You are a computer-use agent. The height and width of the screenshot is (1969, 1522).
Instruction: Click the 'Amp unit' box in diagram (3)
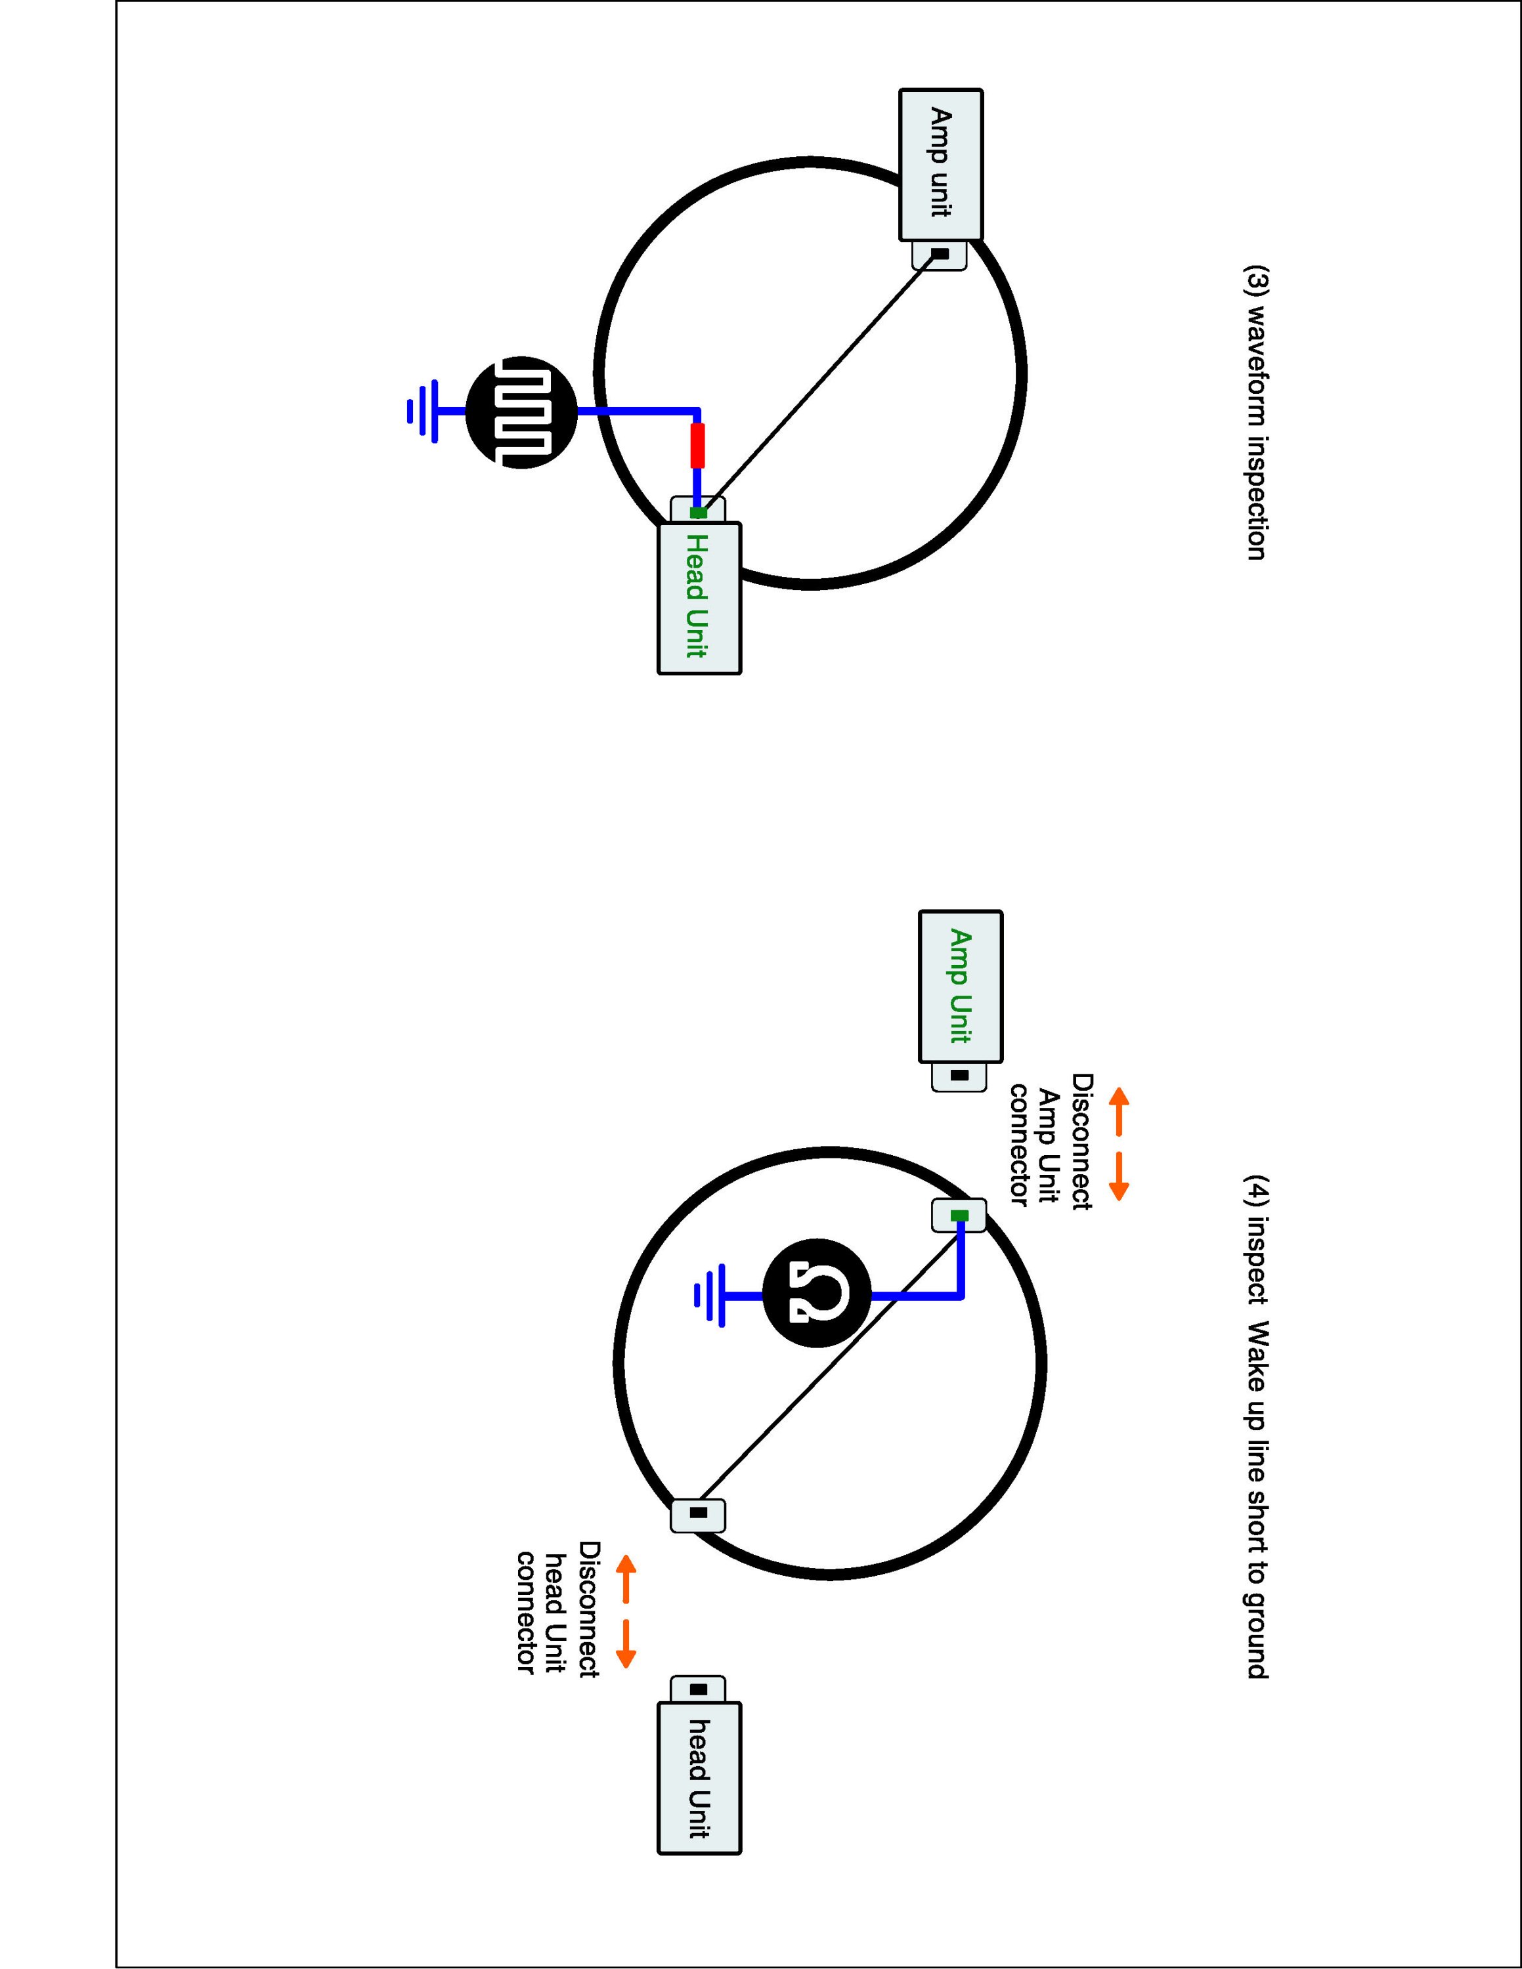940,164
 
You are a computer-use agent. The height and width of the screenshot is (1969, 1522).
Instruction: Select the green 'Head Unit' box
699,598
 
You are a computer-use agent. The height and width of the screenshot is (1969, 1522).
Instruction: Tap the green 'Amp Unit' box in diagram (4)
960,986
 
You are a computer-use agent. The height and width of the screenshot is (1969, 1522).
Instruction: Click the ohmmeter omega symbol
817,1296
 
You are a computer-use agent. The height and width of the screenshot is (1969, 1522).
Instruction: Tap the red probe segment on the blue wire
697,446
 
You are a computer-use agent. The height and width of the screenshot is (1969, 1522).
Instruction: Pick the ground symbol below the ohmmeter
710,1296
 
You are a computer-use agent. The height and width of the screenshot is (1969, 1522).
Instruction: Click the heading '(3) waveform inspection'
1255,412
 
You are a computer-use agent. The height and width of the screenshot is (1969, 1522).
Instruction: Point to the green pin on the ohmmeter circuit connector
959,1216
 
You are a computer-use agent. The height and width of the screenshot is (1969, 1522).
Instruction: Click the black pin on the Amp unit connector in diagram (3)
940,254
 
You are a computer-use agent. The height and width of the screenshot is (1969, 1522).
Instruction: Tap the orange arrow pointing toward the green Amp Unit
1118,1111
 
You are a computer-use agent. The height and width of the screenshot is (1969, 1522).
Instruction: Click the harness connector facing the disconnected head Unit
698,1513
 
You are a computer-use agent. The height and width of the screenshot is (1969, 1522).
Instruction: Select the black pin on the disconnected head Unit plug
698,1689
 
